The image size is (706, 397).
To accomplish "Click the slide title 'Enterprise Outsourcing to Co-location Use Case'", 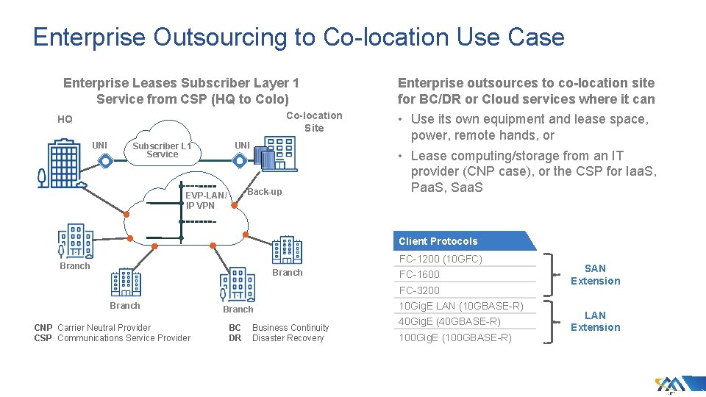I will pos(299,37).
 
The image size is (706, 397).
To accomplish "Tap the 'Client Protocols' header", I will pos(438,241).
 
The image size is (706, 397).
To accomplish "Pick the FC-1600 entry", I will pos(419,274).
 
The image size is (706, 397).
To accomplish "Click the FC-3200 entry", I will pos(419,290).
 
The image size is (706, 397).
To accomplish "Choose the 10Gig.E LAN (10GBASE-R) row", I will pos(460,306).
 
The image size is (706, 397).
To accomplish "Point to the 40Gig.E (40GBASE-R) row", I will pos(449,321).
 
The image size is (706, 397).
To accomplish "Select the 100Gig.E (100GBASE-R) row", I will pos(454,337).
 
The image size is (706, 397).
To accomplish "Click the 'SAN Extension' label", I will pos(595,275).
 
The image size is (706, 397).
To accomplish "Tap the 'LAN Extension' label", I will pos(595,321).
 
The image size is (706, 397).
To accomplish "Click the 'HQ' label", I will pos(65,119).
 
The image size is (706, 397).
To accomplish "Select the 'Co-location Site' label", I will pos(313,121).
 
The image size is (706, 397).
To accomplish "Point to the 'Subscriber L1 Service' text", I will pos(162,150).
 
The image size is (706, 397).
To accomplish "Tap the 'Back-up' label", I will pos(265,192).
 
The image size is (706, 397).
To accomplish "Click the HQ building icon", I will pos(62,162).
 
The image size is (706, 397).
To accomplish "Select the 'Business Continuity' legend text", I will pos(290,328).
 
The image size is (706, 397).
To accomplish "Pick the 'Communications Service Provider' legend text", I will pos(124,338).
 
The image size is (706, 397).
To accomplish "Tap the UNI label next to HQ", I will pos(99,145).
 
